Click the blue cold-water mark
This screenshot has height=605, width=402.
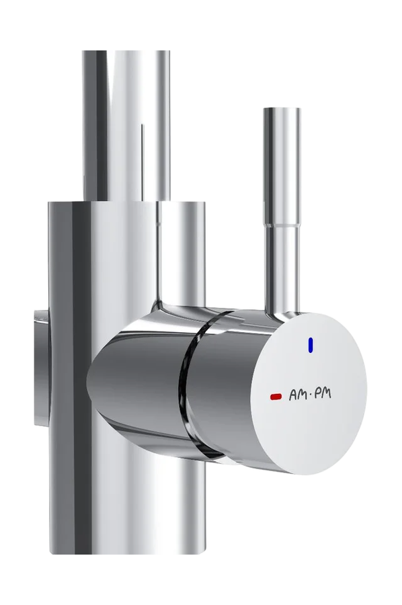coord(311,345)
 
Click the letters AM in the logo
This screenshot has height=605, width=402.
coord(297,395)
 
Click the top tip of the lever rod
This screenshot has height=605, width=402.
coord(282,108)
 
